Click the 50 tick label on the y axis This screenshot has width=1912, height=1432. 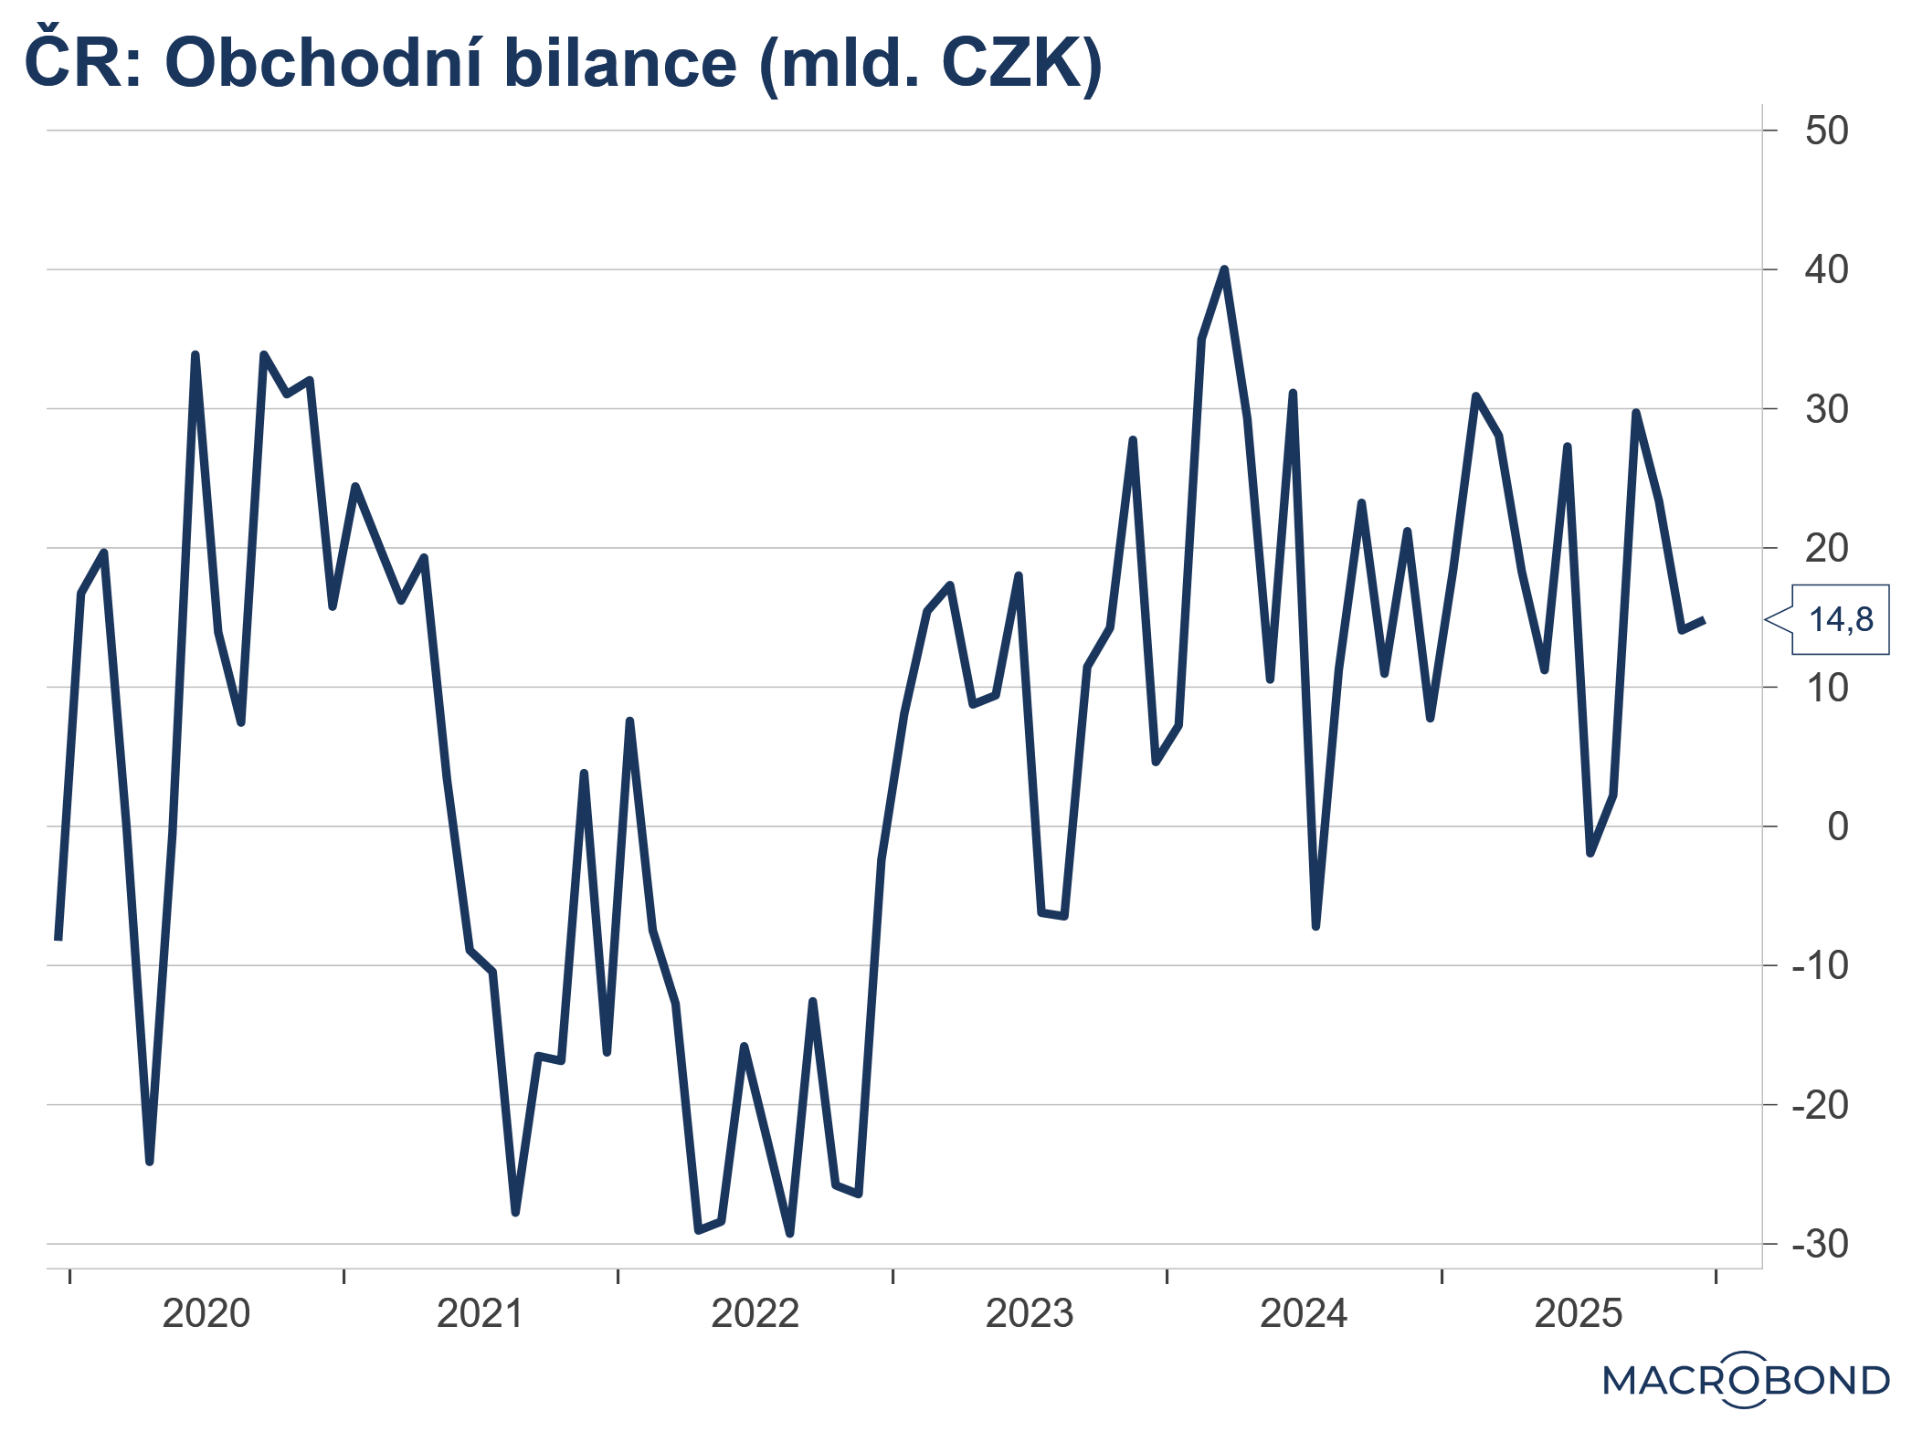[1825, 131]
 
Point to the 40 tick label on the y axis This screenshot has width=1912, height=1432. [1825, 270]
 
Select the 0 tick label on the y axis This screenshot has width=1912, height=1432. [1837, 827]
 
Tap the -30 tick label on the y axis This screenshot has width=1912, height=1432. [1819, 1244]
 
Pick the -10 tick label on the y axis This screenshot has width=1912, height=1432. [1819, 965]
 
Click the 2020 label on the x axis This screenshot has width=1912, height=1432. [206, 1314]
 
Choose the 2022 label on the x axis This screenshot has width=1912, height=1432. [755, 1314]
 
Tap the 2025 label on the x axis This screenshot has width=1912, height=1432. [1578, 1314]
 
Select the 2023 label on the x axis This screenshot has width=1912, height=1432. [1030, 1314]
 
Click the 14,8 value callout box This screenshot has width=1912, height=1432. [1840, 620]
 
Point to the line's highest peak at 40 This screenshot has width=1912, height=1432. [1224, 269]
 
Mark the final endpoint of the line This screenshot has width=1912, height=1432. [1704, 621]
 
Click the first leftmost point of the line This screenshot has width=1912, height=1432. [58, 938]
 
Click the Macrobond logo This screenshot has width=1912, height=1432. [1745, 1379]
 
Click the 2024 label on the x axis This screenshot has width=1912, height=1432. [1304, 1314]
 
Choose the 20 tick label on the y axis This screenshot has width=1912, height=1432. [1825, 548]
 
